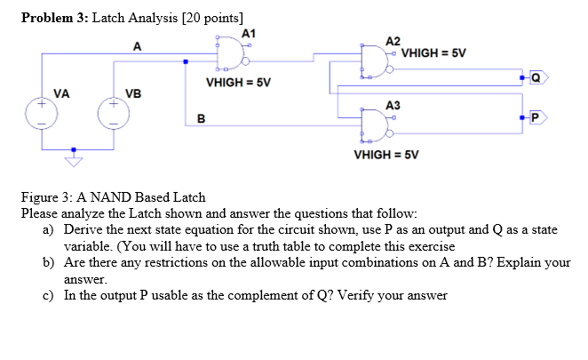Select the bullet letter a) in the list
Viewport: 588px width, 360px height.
(49, 229)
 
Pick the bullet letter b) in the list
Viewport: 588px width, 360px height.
(49, 263)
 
